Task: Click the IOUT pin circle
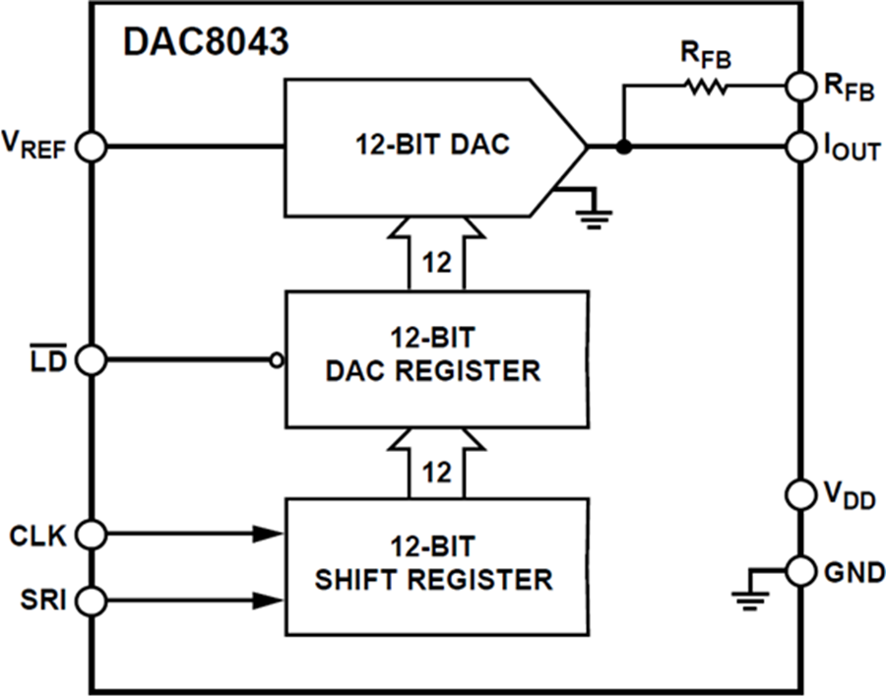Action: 801,147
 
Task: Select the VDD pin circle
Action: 801,492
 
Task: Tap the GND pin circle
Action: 801,569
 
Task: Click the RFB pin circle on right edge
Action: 801,87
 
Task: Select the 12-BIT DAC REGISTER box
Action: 436,358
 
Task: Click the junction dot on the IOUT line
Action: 622,147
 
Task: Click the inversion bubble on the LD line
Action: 277,360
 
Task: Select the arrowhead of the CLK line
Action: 268,535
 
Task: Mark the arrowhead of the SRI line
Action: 268,598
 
